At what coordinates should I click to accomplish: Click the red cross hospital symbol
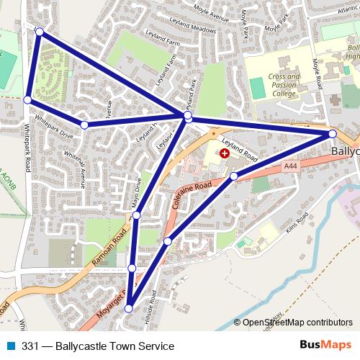tap(225, 153)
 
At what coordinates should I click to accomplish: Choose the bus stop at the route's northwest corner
tap(40, 32)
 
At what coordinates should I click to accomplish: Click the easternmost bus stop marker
tap(333, 134)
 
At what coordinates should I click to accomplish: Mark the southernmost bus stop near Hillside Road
tap(129, 308)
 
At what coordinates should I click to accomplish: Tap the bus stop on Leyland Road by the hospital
tap(233, 176)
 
